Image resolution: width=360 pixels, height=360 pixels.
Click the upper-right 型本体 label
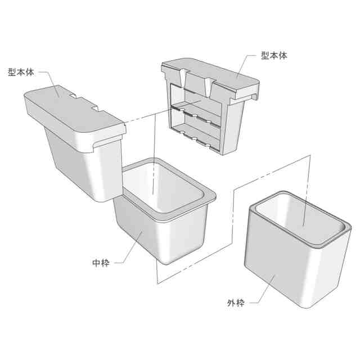[274, 56]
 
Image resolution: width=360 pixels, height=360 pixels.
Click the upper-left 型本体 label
[21, 72]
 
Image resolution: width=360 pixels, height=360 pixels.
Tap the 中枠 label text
[101, 263]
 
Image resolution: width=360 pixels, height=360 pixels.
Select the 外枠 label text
[236, 303]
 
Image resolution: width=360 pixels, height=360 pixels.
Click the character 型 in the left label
[12, 72]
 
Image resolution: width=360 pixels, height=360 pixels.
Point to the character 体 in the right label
[283, 56]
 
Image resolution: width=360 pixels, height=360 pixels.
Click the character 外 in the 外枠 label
[231, 303]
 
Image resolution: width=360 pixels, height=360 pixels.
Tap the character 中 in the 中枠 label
[96, 263]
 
